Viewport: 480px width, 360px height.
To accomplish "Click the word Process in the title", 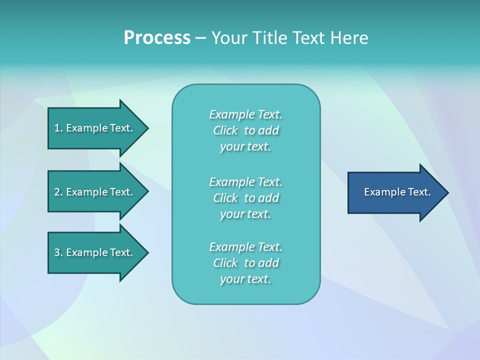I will tap(157, 38).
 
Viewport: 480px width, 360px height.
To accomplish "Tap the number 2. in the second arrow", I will tap(58, 192).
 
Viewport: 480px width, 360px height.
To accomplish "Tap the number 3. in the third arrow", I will tap(58, 252).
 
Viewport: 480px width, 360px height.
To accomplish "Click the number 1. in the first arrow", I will tap(58, 128).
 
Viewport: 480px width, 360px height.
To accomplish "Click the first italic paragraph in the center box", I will tap(245, 130).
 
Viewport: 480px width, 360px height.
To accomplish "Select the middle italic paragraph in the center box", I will tap(245, 198).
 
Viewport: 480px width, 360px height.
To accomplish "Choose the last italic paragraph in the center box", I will tap(245, 263).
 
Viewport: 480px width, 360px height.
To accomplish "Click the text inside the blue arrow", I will tap(397, 192).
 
